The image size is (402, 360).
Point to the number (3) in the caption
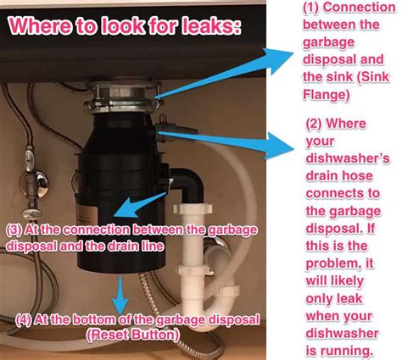[x=14, y=230]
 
